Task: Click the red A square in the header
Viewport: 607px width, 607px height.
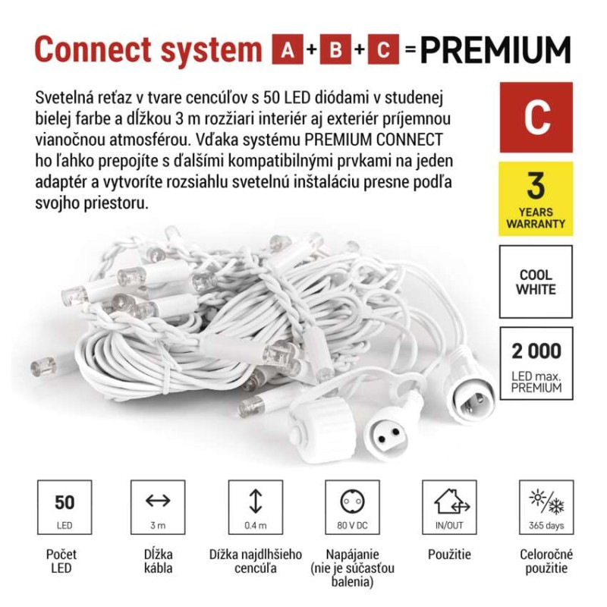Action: tap(288, 49)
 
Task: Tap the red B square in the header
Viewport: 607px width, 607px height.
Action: tap(335, 49)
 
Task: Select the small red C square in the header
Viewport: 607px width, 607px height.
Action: tap(383, 49)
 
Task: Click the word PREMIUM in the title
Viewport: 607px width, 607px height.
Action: tap(495, 49)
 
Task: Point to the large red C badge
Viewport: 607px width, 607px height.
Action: tap(536, 118)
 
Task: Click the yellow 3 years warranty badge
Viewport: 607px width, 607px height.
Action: tap(536, 199)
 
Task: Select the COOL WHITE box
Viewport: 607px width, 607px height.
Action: tap(536, 281)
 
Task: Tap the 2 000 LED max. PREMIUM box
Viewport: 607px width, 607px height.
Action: tap(536, 363)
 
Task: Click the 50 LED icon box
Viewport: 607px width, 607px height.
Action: tap(64, 507)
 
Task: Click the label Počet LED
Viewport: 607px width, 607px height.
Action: tap(61, 561)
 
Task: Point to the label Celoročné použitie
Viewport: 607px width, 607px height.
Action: tap(546, 561)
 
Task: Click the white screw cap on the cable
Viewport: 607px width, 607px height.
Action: tap(322, 429)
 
